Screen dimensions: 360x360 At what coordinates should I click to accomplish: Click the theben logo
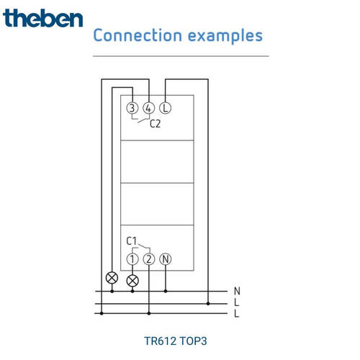coord(42,18)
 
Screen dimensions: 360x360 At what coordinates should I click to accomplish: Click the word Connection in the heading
coord(138,35)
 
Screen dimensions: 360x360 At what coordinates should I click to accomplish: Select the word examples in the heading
coord(225,36)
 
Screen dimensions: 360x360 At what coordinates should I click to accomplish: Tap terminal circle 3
coord(132,108)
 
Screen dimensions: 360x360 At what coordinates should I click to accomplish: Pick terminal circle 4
coord(149,108)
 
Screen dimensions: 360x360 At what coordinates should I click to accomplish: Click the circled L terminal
coord(166,108)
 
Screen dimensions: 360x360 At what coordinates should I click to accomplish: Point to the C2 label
coord(155,124)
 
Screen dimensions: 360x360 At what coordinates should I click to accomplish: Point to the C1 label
coord(132,241)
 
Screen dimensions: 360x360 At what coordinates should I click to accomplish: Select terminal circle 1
coord(132,259)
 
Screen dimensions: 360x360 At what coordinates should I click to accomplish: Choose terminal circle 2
coord(149,259)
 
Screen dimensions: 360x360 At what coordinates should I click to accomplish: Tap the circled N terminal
coord(166,259)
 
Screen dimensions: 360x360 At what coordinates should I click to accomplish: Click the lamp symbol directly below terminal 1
coord(132,281)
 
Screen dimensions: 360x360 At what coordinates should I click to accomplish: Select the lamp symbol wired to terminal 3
coord(112,278)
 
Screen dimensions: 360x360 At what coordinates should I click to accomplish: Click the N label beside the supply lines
coord(237,291)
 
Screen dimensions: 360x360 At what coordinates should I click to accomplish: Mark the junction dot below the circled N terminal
coord(166,291)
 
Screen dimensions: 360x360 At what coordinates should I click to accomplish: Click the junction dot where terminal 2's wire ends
coord(149,313)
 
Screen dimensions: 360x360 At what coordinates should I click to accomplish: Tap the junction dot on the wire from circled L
coord(208,304)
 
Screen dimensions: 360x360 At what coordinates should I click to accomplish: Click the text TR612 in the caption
coord(160,341)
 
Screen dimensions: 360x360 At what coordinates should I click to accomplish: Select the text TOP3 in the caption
coord(193,341)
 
